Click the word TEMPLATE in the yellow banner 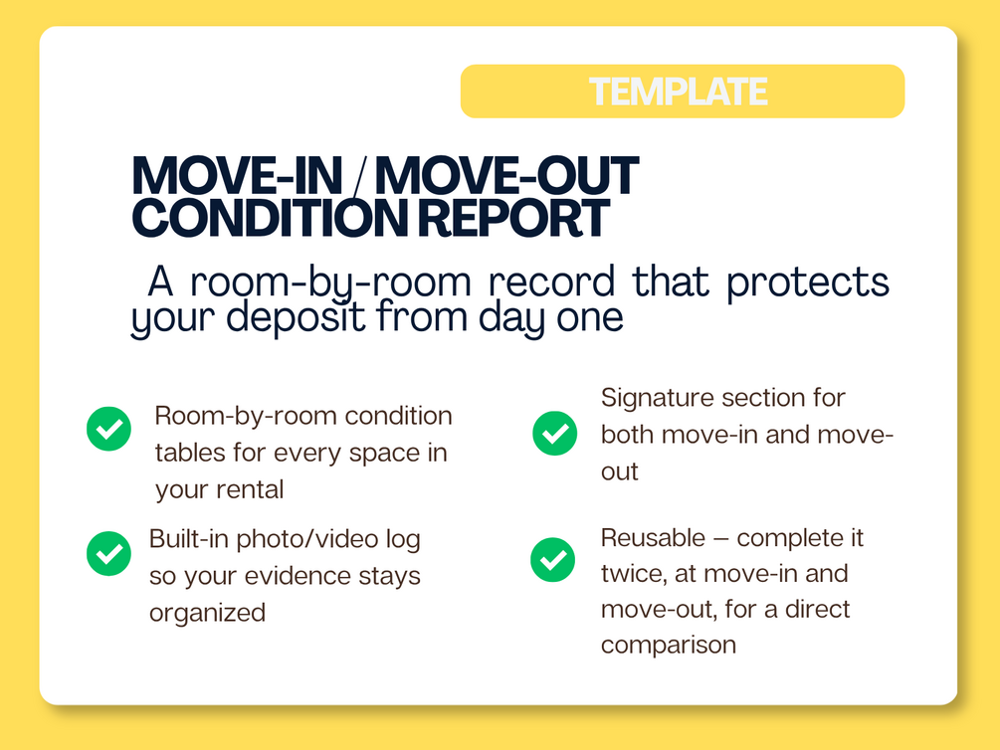[x=678, y=92]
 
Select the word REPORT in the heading [x=514, y=218]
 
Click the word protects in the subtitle [x=808, y=283]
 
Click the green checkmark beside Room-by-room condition [x=109, y=429]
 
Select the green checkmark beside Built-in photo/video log [x=109, y=554]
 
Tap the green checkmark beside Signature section [x=555, y=434]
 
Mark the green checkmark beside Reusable [x=553, y=560]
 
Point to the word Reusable [x=653, y=537]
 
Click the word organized [x=207, y=614]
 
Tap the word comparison [x=669, y=646]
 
